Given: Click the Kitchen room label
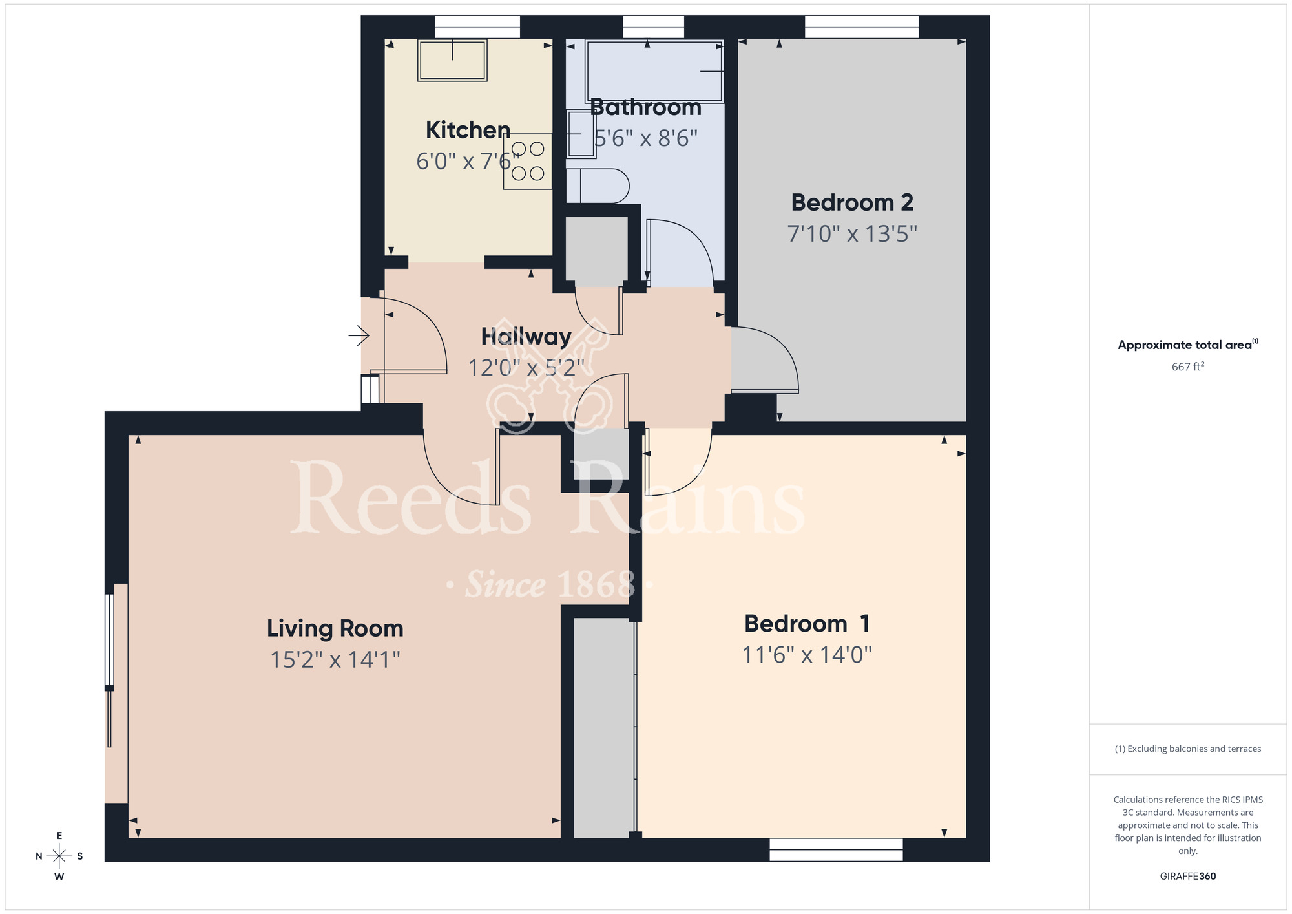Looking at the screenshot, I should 468,130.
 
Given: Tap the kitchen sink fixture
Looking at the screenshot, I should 452,61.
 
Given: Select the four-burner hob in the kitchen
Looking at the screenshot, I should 528,161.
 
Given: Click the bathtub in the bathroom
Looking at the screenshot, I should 654,71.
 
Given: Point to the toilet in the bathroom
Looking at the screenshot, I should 598,186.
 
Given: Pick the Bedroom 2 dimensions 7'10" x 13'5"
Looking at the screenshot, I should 852,233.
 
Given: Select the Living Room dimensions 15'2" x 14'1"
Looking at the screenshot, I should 335,659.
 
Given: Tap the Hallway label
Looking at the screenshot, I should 526,336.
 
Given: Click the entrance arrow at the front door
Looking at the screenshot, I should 359,335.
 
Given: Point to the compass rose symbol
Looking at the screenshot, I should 59,856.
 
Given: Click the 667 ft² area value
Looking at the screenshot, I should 1187,367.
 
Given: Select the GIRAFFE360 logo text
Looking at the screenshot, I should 1187,877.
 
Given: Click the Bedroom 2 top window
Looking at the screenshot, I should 861,27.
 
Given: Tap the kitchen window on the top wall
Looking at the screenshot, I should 477,27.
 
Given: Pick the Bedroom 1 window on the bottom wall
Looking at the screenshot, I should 836,850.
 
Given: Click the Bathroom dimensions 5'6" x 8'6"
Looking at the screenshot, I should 646,138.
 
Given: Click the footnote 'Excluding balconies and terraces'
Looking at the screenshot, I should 1187,749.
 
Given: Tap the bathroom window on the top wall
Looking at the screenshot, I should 653,27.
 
